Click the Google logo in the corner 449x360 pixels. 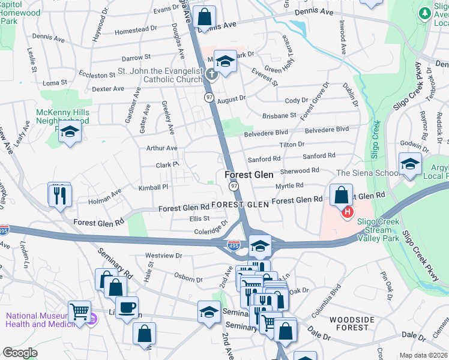pos(20,353)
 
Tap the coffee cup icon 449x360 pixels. pos(126,308)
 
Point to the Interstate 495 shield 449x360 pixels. pos(234,245)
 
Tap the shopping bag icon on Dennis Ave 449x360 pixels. pos(205,17)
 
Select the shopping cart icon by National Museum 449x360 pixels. pos(79,311)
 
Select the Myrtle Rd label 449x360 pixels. pos(289,186)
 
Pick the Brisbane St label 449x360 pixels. pos(279,115)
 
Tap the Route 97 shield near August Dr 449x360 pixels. pos(209,97)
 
